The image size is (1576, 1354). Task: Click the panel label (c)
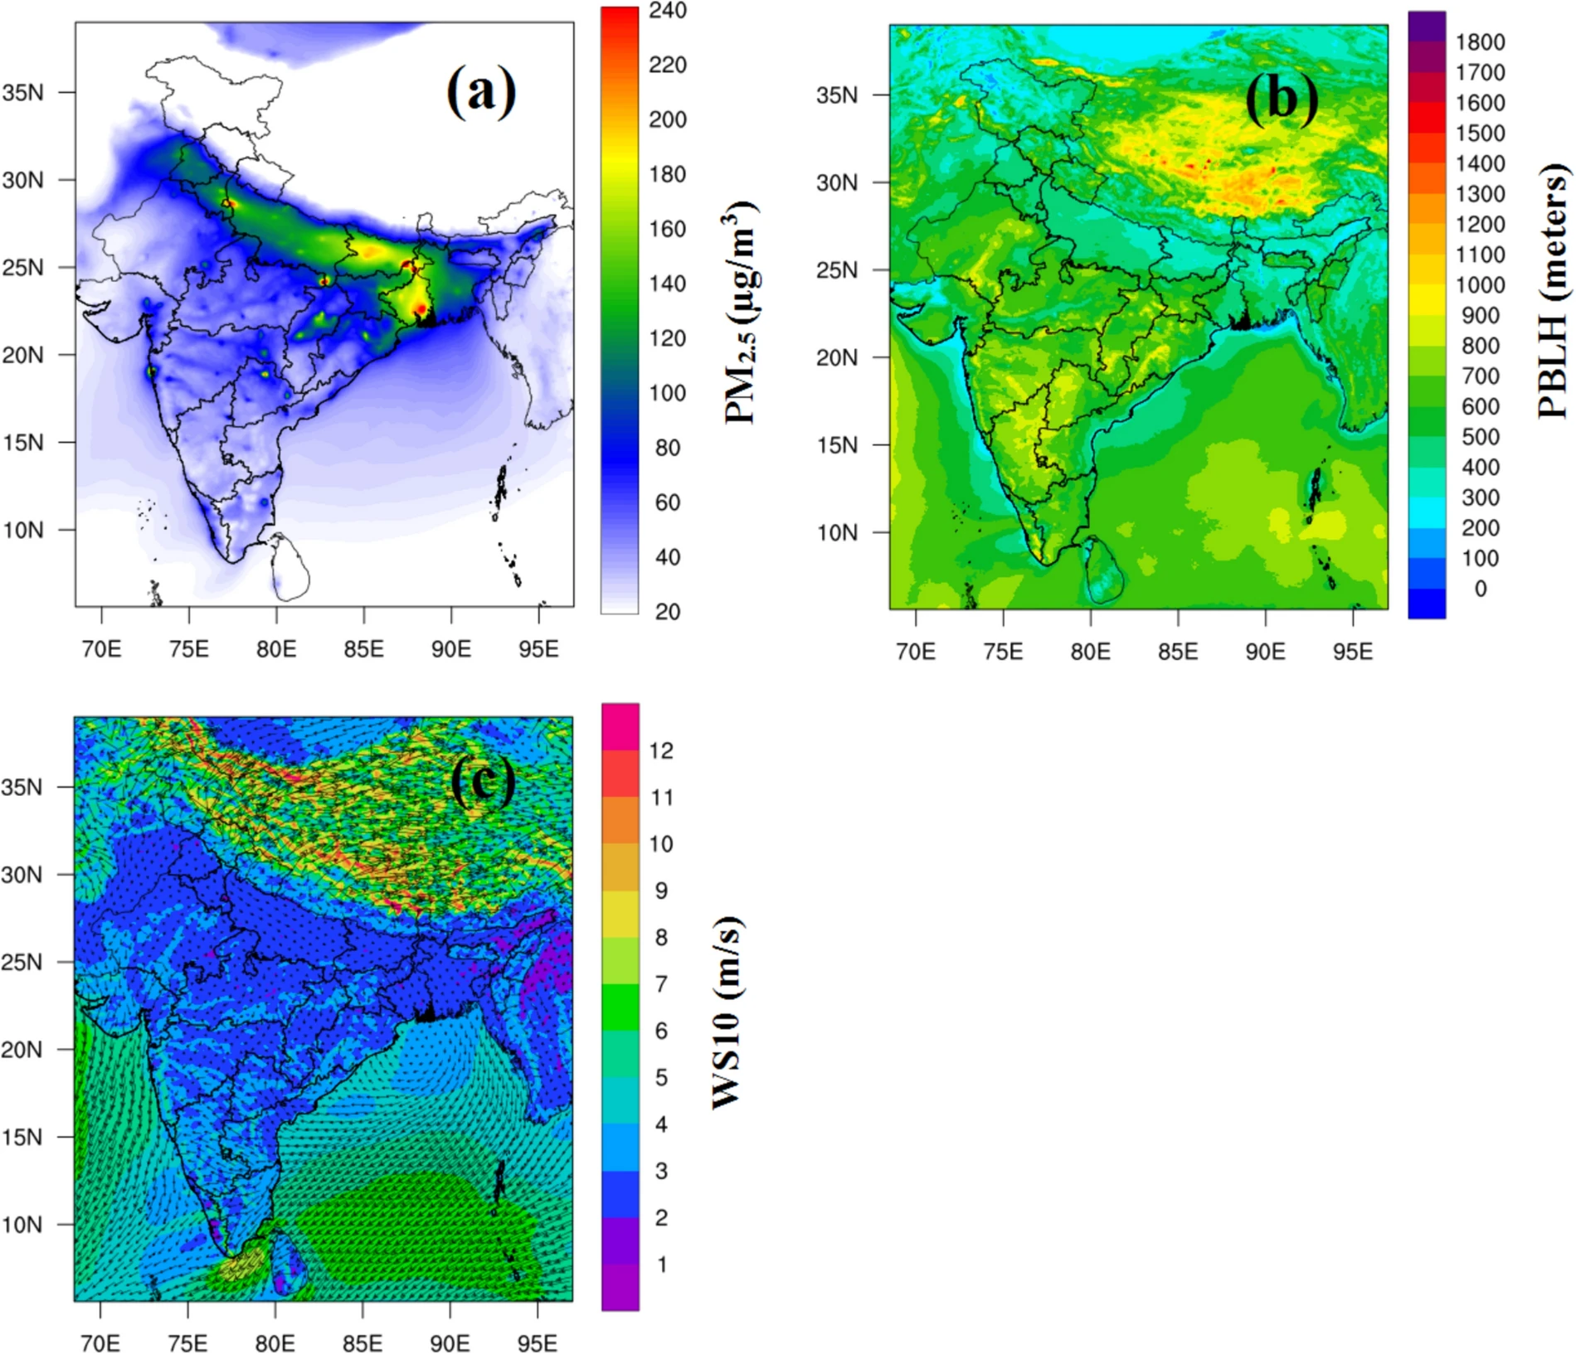[483, 782]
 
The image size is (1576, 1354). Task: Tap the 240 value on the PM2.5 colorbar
[668, 11]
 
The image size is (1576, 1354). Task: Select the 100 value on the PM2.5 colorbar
[668, 393]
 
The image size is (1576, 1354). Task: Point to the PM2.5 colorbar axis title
[741, 313]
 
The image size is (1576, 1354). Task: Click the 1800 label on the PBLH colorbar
[1481, 42]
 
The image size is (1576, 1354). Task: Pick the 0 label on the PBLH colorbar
[1481, 589]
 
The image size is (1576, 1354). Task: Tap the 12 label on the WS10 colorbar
[661, 751]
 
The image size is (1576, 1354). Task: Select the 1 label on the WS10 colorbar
[661, 1264]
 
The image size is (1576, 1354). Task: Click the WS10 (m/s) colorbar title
[727, 1013]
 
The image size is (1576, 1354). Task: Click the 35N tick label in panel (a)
[22, 93]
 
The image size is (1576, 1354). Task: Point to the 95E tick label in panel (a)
[538, 649]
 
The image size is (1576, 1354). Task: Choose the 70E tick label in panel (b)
[916, 652]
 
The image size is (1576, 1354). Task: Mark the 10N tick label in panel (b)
[837, 532]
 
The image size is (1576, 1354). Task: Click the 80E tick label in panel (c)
[275, 1343]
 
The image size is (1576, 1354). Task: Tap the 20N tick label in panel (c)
[22, 1050]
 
